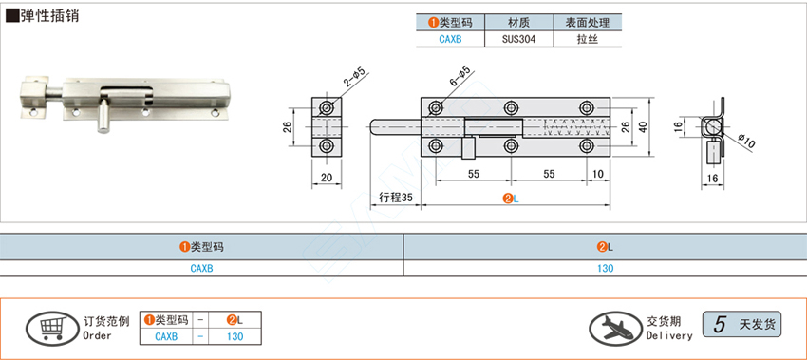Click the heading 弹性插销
[x=49, y=15]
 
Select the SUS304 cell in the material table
[x=518, y=39]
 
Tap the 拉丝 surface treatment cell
[x=588, y=39]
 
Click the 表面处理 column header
[x=588, y=22]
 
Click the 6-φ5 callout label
[x=460, y=77]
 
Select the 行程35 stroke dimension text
[x=396, y=198]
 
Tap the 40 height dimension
[x=643, y=127]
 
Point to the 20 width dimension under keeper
[x=327, y=178]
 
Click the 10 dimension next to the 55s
[x=598, y=174]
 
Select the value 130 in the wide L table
[x=606, y=268]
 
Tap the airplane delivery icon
[x=615, y=328]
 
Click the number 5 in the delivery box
[x=720, y=325]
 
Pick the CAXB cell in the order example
[x=166, y=337]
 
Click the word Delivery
[x=669, y=336]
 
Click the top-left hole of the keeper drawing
[x=327, y=108]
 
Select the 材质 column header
[x=518, y=22]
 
